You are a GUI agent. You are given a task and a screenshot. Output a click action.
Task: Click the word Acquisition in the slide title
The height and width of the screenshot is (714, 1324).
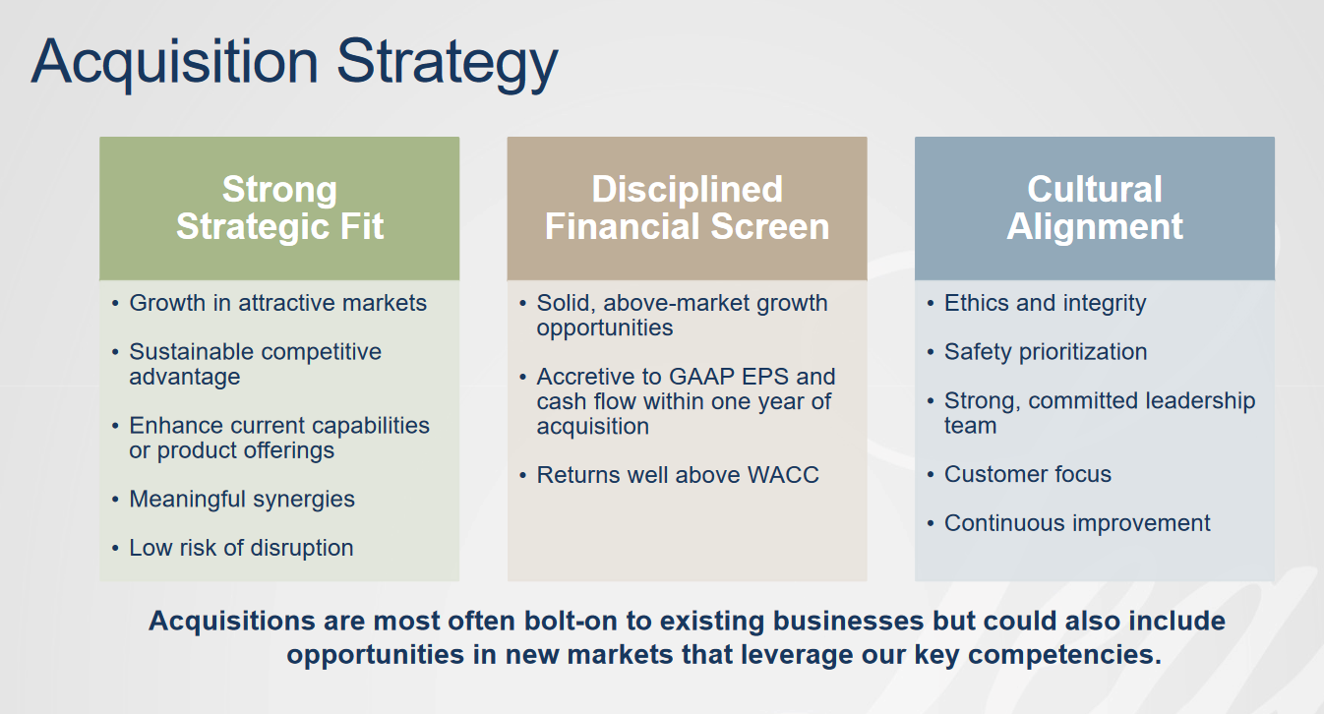(175, 63)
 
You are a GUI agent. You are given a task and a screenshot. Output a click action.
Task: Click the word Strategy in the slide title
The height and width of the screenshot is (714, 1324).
(448, 63)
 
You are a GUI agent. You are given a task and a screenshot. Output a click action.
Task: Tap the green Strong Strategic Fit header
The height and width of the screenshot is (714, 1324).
(279, 208)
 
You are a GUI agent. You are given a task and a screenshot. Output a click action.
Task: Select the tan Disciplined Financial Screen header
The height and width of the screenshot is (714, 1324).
(687, 208)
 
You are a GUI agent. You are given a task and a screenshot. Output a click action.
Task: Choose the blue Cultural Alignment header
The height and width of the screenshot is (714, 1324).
(1095, 208)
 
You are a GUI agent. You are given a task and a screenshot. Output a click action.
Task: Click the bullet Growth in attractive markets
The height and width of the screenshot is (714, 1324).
(277, 303)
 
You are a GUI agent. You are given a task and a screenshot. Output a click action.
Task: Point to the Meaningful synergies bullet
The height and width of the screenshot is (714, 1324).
(242, 500)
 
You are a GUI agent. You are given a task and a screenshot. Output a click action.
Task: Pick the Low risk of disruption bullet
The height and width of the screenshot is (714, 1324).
(241, 548)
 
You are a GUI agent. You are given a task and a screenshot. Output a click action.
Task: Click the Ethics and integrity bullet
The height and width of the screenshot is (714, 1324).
(1045, 303)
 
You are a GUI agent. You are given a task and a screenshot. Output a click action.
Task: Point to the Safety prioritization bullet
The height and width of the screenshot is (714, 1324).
(1046, 352)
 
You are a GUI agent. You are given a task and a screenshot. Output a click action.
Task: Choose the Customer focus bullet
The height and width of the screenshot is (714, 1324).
(1028, 475)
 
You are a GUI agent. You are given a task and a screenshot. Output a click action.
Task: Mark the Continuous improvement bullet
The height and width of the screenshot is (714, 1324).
(1077, 523)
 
